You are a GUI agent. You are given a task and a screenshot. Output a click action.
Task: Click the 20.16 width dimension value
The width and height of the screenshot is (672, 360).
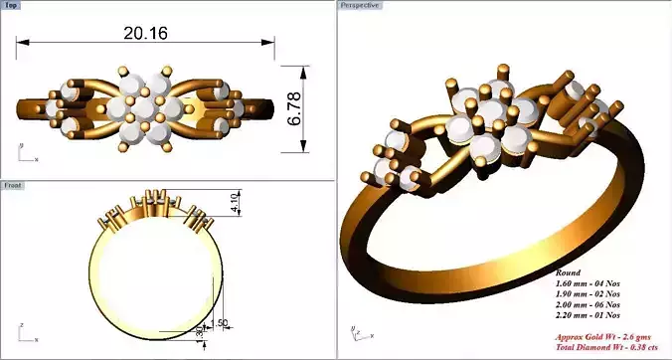(145, 32)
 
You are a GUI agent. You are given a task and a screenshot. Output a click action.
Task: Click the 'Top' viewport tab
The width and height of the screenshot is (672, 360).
(13, 5)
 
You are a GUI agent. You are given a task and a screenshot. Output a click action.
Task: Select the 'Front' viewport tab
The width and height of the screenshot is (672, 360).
(14, 185)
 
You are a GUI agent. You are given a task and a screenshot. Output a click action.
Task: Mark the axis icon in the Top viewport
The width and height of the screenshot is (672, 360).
(24, 153)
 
